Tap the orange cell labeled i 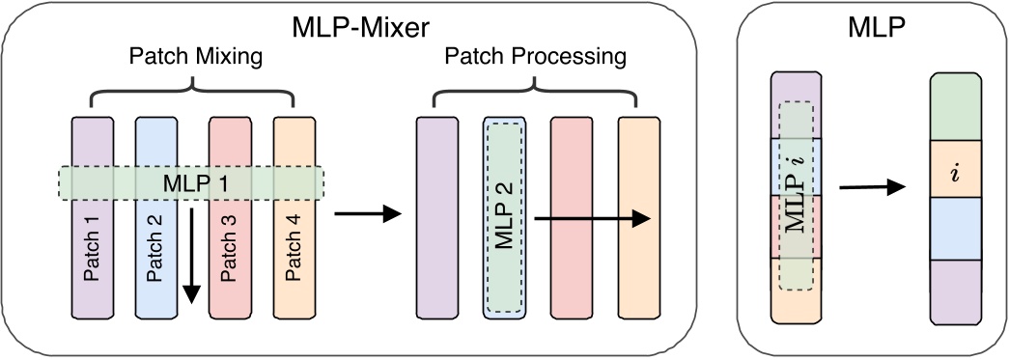[956, 172]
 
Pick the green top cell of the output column [956, 108]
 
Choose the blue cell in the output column [956, 231]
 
